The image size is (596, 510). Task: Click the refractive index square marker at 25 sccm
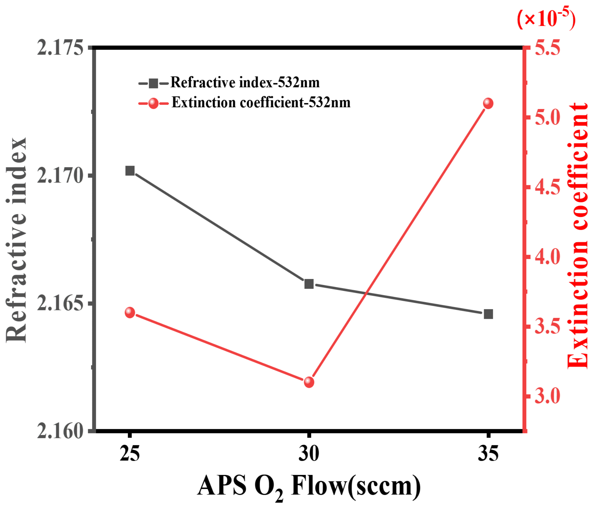click(130, 171)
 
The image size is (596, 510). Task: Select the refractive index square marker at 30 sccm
click(309, 284)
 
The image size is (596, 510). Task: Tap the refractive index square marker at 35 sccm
click(488, 314)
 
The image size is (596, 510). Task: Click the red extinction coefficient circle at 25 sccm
click(130, 313)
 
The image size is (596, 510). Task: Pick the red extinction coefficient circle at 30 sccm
click(309, 382)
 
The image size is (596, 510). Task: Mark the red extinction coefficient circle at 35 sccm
click(488, 104)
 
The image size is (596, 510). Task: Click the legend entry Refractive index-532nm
click(245, 83)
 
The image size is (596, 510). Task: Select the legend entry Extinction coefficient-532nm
click(261, 103)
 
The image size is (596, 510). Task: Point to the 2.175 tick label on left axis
click(60, 48)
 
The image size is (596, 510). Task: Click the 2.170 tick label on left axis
click(60, 176)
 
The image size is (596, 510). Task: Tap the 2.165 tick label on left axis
click(60, 303)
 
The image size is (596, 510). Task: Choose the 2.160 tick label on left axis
click(60, 431)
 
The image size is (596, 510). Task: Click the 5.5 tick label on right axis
click(548, 48)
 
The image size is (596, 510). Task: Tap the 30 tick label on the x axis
click(309, 454)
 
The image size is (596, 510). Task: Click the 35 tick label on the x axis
click(488, 454)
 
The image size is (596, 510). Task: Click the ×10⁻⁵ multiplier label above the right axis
click(546, 19)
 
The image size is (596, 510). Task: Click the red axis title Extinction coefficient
click(577, 236)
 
